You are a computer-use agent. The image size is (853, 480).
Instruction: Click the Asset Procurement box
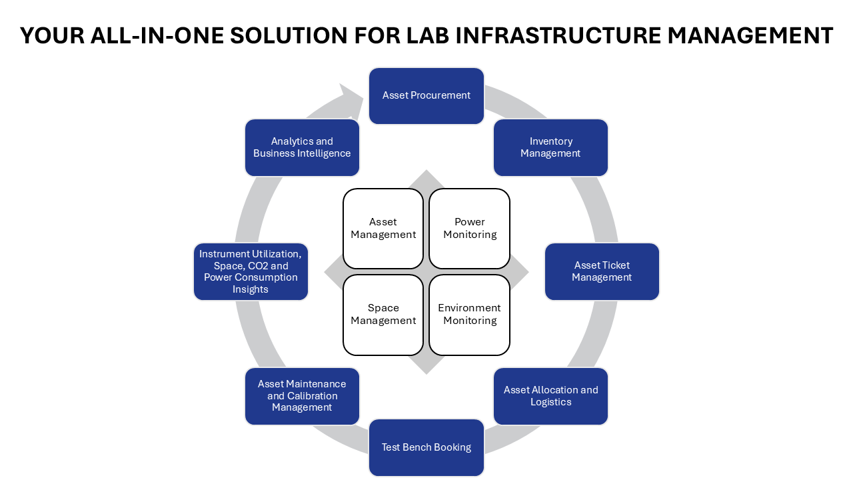coord(426,95)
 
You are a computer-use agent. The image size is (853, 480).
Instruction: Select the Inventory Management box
coord(550,147)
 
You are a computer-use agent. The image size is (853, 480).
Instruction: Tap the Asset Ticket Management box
coord(602,271)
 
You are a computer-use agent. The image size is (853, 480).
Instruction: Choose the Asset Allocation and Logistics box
coord(550,396)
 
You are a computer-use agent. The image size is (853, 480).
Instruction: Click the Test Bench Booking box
coord(426,447)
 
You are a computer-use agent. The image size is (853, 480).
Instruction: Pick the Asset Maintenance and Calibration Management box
coord(302,396)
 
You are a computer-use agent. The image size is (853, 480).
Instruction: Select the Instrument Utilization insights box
coord(251,271)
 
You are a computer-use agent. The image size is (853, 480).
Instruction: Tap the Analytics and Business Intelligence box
coord(302,147)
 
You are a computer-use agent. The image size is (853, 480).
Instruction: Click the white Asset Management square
coord(383,228)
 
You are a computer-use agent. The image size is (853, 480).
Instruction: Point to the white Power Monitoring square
coord(470,228)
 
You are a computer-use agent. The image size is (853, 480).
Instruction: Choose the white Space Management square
coord(383,315)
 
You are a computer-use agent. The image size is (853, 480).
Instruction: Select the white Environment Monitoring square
coord(470,315)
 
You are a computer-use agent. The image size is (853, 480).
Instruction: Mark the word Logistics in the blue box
coord(551,402)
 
